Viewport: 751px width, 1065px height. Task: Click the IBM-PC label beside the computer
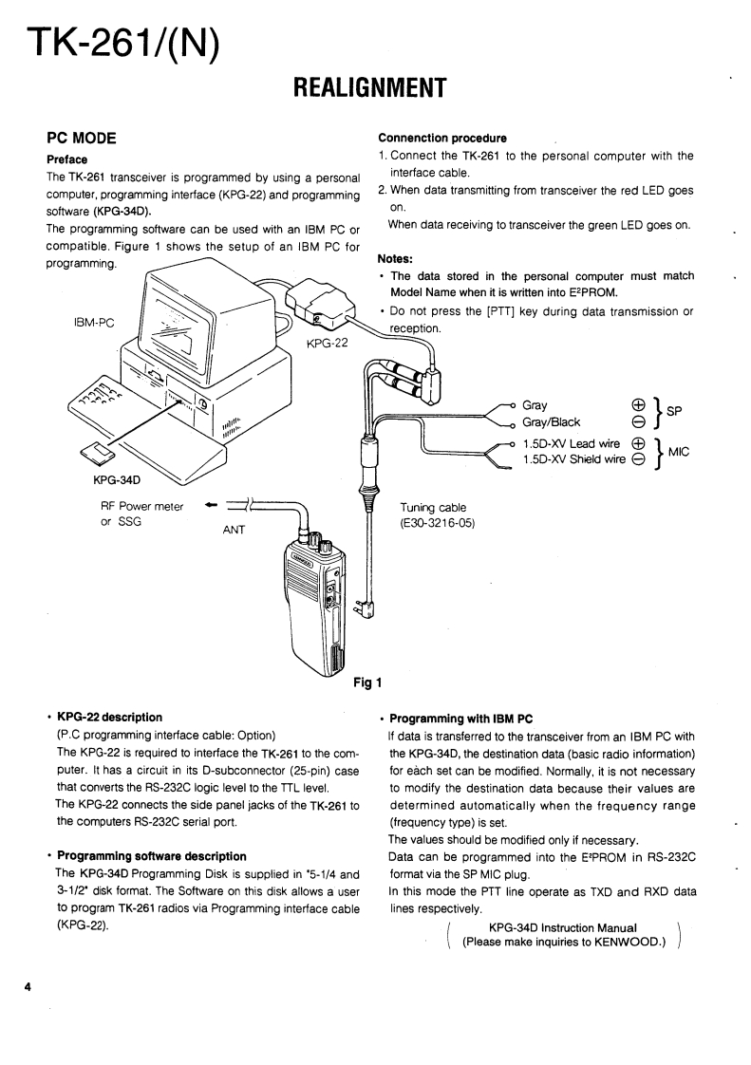click(x=95, y=322)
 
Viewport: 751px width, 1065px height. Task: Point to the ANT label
click(x=234, y=530)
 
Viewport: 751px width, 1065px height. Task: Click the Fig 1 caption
click(x=366, y=681)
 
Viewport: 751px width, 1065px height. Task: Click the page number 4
click(x=28, y=988)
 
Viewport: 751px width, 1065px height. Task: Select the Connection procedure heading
click(x=441, y=139)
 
